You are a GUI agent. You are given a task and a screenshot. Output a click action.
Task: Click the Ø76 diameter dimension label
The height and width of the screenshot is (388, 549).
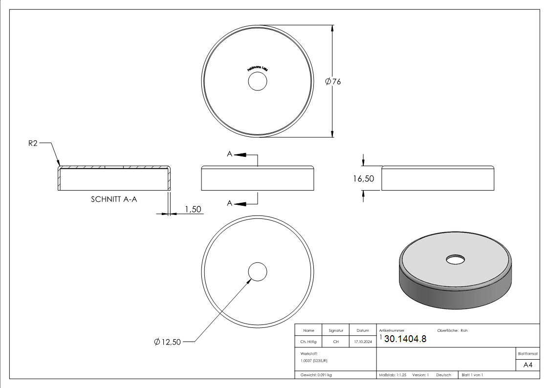pos(333,82)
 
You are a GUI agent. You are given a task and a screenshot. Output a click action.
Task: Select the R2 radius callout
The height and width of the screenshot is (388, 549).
pos(33,144)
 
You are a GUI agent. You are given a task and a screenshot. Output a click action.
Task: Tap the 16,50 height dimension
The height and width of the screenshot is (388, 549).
pos(363,179)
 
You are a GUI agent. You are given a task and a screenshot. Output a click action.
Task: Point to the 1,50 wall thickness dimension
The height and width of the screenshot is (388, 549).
pos(193,209)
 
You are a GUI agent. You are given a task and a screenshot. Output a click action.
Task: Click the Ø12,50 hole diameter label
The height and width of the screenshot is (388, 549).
pos(167,342)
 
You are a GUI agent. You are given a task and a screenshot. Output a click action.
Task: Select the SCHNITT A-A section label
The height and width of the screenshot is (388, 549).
pos(113,199)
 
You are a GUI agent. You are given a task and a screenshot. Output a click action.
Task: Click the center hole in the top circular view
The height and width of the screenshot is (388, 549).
pos(257,82)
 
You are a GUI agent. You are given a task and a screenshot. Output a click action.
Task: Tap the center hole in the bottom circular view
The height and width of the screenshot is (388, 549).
pos(257,271)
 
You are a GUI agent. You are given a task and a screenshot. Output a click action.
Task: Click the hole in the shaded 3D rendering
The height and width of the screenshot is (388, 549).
pos(455,259)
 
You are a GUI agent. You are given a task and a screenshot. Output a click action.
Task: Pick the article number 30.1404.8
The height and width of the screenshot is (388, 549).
pos(405,339)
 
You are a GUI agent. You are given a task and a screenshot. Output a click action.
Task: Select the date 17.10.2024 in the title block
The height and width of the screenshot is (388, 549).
pos(363,342)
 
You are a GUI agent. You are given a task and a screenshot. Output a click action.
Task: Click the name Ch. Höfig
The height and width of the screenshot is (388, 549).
pos(308,342)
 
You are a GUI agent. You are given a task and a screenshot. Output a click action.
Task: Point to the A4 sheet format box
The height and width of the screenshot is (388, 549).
pos(527,365)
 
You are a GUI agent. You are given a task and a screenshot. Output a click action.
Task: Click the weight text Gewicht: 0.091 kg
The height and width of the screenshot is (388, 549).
pos(316,375)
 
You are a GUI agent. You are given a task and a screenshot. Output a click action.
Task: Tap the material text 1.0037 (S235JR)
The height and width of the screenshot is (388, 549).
pos(314,360)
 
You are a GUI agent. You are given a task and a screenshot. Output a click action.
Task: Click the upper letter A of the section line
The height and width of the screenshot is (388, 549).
pos(229,154)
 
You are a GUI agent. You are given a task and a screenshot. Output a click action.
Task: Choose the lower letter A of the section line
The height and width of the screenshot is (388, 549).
pos(229,203)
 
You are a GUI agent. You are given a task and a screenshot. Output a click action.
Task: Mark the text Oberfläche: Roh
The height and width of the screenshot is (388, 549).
pos(452,330)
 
